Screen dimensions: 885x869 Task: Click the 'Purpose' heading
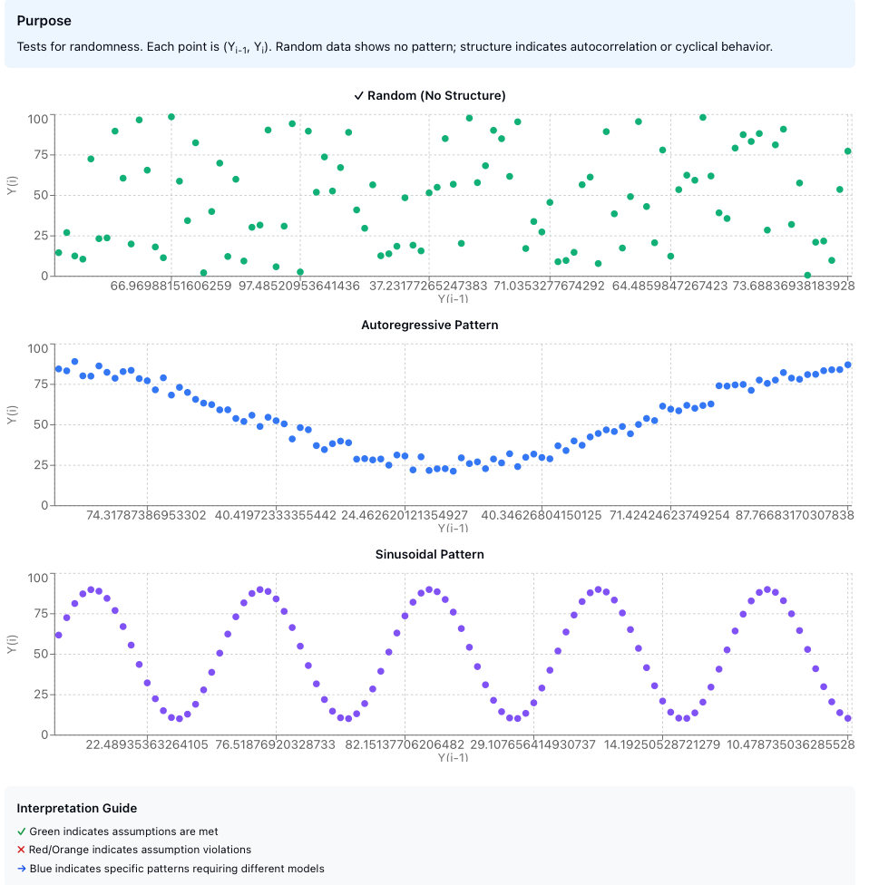pos(44,21)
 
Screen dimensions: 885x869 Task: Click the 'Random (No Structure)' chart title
pos(430,95)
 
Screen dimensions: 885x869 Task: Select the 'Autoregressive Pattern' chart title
pos(430,325)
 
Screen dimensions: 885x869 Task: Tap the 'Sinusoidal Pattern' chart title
pos(430,554)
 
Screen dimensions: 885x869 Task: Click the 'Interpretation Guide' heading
pos(77,808)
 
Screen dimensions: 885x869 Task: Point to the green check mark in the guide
pos(22,832)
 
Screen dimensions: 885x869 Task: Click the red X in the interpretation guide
pos(22,850)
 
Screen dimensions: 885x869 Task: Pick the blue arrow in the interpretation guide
pos(22,869)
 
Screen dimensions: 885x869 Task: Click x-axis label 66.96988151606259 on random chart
pos(171,286)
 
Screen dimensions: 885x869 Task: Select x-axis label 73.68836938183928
pos(780,286)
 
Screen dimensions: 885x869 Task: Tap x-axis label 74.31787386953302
pos(147,515)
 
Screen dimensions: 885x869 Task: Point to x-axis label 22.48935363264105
pos(147,744)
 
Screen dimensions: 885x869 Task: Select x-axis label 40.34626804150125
pos(542,515)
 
